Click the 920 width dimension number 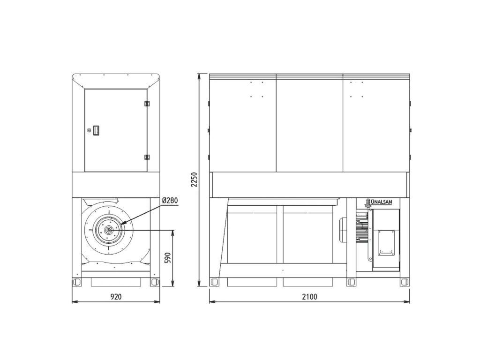(116, 297)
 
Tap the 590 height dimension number (167, 258)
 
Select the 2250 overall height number (194, 180)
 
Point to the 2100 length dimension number (309, 297)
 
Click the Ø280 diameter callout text (170, 201)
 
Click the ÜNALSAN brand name (382, 202)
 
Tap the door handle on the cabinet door (96, 130)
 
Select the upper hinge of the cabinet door (147, 104)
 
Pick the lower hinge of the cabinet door (147, 157)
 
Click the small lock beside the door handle (90, 130)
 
